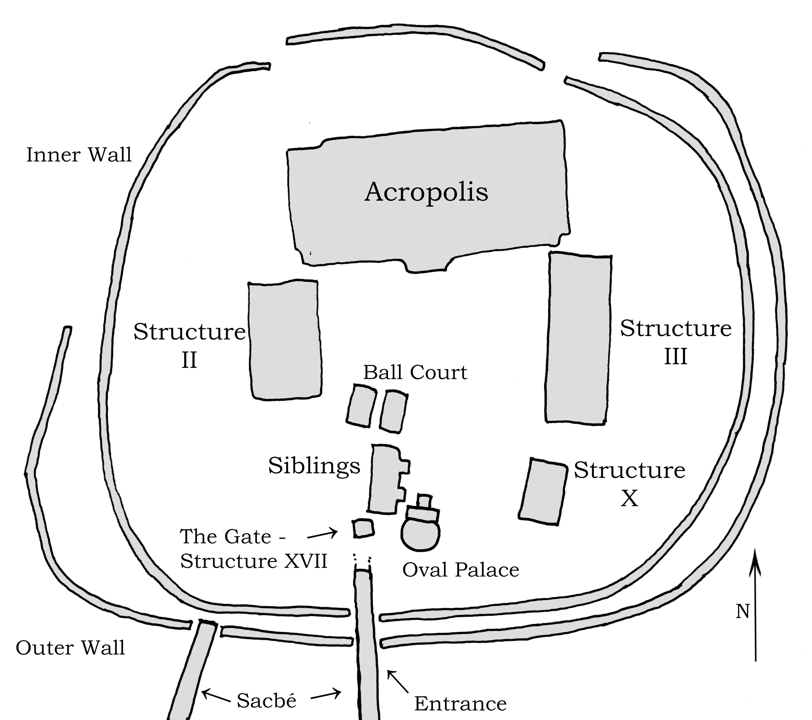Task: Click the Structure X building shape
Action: pyautogui.click(x=543, y=492)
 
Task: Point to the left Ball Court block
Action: pyautogui.click(x=361, y=405)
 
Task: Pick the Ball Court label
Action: pyautogui.click(x=415, y=373)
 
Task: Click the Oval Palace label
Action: pyautogui.click(x=461, y=570)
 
